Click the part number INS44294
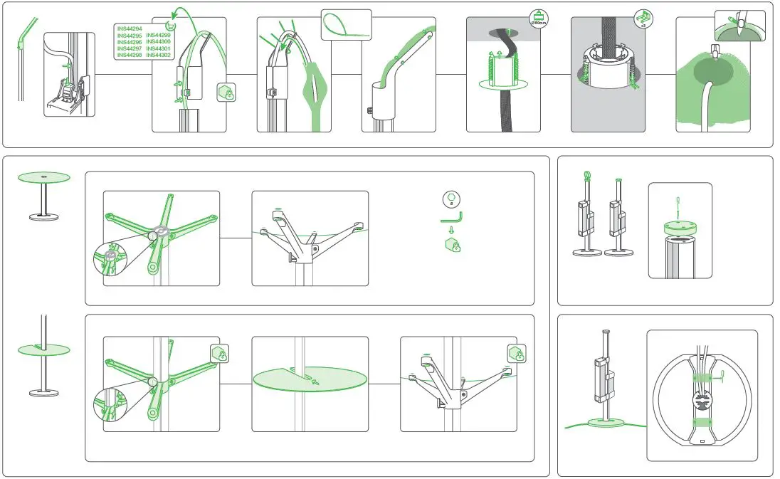[x=129, y=28]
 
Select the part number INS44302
[x=159, y=55]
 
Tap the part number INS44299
[x=159, y=35]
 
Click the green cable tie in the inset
[x=346, y=26]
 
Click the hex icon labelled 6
[x=450, y=200]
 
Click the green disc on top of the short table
[x=43, y=177]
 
